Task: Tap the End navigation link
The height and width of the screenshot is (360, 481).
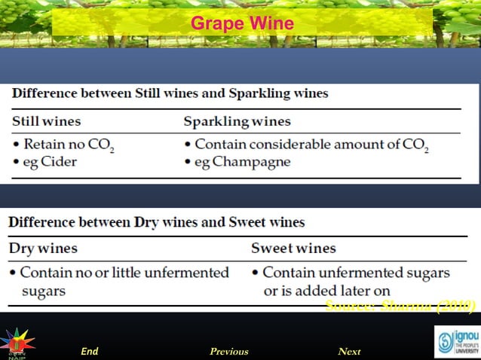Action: [x=90, y=351]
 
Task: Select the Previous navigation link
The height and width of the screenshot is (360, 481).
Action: [x=228, y=351]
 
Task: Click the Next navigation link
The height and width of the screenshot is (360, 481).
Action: [x=349, y=351]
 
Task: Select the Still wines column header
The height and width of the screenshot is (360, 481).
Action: [x=47, y=121]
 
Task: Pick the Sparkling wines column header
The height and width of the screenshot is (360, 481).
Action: [x=237, y=121]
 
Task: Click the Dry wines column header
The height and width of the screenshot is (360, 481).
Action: [x=42, y=248]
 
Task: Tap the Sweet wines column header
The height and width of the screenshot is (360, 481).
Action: [x=293, y=248]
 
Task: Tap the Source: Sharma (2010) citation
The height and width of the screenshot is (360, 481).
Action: [x=400, y=305]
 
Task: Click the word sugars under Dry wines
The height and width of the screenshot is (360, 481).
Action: [x=43, y=291]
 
